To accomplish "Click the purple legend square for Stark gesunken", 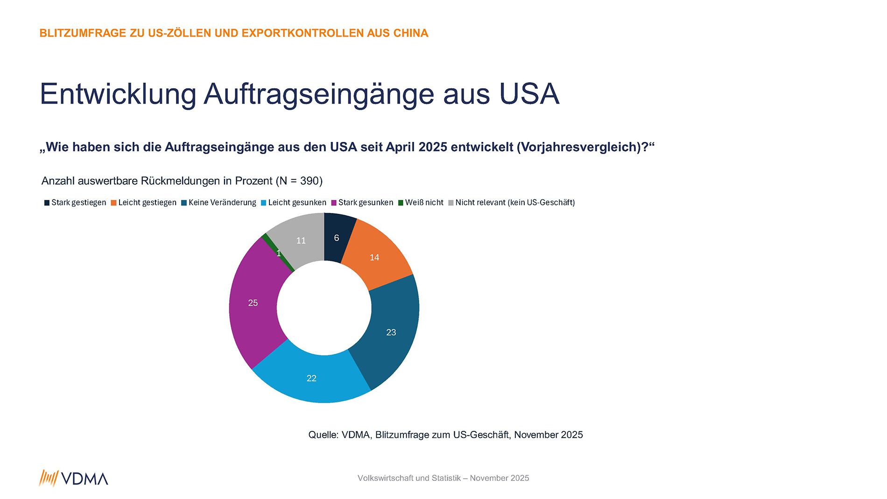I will [334, 203].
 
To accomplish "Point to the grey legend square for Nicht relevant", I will [451, 203].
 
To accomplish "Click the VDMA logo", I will [74, 478].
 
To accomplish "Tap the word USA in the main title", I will [528, 94].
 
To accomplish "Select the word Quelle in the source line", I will [323, 435].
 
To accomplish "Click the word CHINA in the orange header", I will [410, 33].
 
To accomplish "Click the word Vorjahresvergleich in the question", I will [581, 147].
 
